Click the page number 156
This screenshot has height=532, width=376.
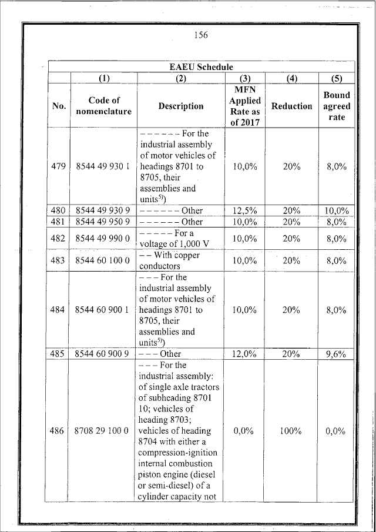tap(201, 35)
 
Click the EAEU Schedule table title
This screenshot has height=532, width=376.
tap(201, 67)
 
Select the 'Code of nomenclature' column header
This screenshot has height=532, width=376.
tap(103, 106)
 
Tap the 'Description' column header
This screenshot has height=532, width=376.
tap(180, 106)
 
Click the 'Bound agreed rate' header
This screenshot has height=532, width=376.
tap(337, 106)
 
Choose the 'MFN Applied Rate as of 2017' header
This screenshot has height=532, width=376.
tap(244, 106)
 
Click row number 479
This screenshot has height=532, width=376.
tap(59, 167)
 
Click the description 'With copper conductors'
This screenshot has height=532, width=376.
tap(170, 260)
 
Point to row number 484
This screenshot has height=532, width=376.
tap(59, 310)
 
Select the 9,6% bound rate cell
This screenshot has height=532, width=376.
tap(337, 354)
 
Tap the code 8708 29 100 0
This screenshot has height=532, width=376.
tap(103, 431)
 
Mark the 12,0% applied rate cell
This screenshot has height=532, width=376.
tap(244, 354)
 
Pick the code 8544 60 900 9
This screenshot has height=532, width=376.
tap(103, 354)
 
